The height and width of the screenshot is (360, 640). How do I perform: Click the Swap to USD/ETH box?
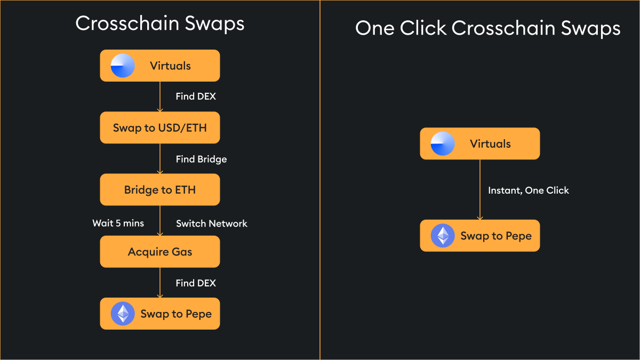(160, 128)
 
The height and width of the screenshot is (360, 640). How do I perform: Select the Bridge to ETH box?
(160, 190)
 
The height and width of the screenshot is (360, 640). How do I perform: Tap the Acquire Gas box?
(160, 252)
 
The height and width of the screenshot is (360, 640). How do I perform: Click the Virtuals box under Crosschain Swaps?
(160, 66)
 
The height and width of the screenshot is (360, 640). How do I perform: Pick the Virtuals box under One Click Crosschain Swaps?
(480, 143)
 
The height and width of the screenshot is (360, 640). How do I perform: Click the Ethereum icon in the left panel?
(123, 314)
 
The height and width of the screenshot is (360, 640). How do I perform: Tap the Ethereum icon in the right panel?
(443, 236)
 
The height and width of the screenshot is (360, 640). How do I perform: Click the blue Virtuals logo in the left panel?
(123, 66)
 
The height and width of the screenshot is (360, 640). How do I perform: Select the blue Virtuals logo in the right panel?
(443, 144)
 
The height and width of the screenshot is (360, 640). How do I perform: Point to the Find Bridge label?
(201, 159)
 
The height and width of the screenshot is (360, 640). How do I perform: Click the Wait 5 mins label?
(118, 223)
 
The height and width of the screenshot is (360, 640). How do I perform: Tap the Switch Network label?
(212, 223)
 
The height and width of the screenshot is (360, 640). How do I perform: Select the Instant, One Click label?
(529, 190)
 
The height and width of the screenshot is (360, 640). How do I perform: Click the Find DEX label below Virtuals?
(196, 97)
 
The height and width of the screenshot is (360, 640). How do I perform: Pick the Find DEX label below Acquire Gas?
(196, 283)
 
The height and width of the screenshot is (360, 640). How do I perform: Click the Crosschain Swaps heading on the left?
(160, 23)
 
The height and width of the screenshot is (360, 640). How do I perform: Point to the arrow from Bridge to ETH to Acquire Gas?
(160, 221)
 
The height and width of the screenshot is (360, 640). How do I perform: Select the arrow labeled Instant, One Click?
(480, 189)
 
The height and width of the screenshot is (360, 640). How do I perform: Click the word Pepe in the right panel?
(517, 236)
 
